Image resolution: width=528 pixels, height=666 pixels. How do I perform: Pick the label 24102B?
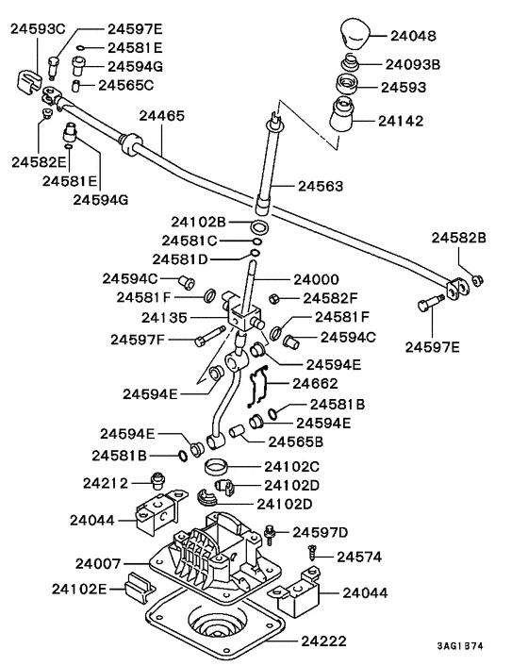point(199,223)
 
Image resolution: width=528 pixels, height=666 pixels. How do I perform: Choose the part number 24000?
point(317,280)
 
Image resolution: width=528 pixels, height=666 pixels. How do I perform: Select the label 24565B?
point(296,441)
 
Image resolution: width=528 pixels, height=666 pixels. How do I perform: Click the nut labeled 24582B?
point(479,280)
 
